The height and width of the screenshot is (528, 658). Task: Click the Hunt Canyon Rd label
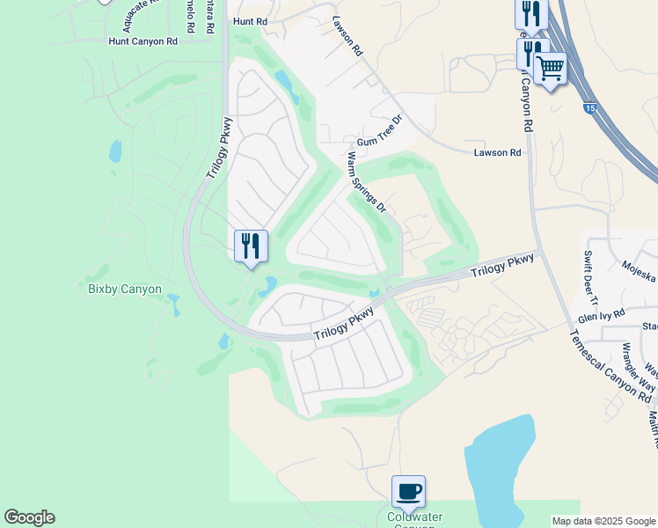(x=143, y=41)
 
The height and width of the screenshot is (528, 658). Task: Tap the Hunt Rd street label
(x=249, y=20)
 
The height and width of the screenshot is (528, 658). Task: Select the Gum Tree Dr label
(x=379, y=132)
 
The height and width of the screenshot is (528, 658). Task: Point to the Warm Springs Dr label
(x=367, y=183)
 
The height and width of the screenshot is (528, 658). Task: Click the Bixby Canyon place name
(x=125, y=289)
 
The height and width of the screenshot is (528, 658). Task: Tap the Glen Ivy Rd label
(x=601, y=314)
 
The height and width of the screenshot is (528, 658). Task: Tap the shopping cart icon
(x=551, y=68)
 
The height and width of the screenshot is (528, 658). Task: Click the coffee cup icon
(x=408, y=491)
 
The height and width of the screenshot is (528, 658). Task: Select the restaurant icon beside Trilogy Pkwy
(x=251, y=246)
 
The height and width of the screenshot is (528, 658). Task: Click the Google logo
(x=29, y=517)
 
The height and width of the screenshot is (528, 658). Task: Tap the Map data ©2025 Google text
(x=603, y=521)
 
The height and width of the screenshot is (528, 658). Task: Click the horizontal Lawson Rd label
(x=497, y=153)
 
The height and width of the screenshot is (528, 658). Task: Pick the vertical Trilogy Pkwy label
(x=219, y=147)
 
